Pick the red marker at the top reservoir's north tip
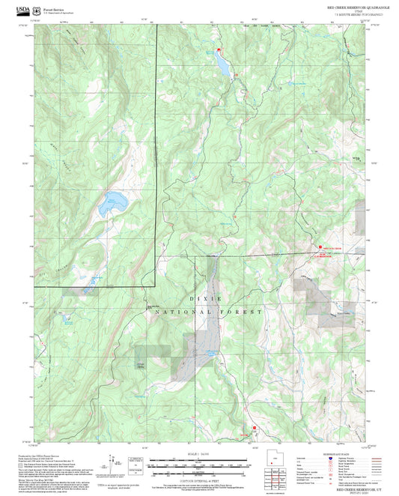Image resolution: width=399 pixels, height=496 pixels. (216, 48)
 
